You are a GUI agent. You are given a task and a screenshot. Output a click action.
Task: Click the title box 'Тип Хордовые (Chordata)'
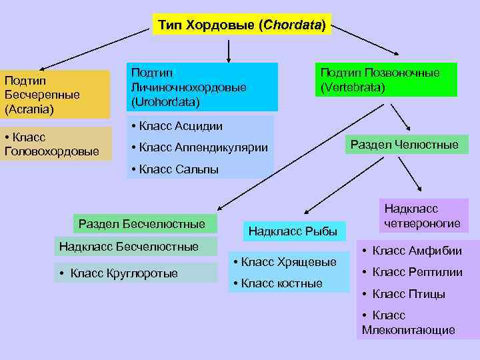pos(241,25)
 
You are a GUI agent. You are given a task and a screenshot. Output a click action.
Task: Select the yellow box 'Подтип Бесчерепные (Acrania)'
pos(55,94)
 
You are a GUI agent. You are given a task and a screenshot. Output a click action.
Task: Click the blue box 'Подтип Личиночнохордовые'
pos(201,87)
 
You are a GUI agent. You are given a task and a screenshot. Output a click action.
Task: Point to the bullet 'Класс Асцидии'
pos(177,126)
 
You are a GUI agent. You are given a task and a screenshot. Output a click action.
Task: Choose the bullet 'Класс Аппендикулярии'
pos(200,147)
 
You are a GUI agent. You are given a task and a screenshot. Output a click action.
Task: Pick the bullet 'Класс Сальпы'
pos(175,169)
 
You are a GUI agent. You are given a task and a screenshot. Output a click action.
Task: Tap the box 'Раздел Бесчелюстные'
pos(141,223)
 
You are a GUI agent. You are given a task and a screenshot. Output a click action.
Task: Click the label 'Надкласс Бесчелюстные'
pos(129,247)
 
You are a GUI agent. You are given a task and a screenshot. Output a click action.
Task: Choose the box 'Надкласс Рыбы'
pos(293,231)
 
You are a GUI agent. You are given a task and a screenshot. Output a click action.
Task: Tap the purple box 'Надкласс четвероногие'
pos(422,216)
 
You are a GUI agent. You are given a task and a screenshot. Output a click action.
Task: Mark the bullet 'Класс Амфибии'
pos(411,251)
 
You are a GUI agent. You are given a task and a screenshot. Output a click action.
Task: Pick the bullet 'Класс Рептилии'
pos(411,272)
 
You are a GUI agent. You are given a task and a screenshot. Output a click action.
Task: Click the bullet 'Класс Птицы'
pos(403,294)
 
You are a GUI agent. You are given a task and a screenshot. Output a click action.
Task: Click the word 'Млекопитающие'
pos(409,330)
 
